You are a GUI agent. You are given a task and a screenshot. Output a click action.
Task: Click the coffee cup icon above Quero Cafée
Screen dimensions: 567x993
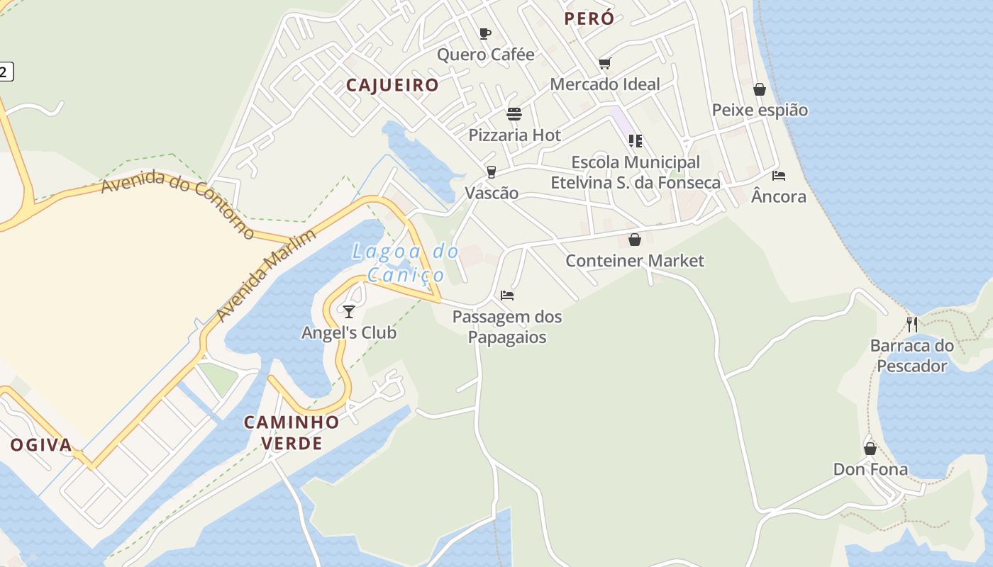point(485,33)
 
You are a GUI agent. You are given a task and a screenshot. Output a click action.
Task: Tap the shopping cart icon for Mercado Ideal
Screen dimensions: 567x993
point(605,64)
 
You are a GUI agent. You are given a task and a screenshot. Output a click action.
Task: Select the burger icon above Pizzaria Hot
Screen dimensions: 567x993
point(514,114)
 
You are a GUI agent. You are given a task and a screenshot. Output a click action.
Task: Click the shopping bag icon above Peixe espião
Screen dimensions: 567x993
point(760,89)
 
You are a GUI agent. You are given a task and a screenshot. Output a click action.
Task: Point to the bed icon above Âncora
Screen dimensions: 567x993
point(779,176)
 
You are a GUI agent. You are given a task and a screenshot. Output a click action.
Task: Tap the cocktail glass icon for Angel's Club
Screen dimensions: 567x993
point(348,311)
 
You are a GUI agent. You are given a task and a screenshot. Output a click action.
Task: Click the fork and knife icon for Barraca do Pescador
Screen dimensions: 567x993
point(912,325)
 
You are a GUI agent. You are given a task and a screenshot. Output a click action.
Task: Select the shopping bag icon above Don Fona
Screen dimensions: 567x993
point(870,449)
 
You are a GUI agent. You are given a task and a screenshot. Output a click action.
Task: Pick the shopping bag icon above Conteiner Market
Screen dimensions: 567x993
point(635,240)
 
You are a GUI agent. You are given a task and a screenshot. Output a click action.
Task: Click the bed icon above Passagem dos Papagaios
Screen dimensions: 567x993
point(507,296)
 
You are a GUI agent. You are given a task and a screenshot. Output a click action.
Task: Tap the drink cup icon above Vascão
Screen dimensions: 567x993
point(491,172)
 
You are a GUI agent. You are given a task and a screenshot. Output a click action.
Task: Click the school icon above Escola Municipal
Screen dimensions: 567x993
point(636,140)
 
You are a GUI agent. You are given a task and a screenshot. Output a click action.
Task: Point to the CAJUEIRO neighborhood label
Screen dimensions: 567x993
point(392,86)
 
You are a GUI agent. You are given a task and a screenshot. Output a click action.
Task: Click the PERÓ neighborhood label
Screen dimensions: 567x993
point(589,19)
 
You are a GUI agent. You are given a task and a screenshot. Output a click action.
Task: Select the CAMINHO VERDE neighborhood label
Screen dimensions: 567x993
point(292,433)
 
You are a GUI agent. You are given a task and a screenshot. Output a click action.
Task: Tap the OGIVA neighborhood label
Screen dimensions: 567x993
point(41,445)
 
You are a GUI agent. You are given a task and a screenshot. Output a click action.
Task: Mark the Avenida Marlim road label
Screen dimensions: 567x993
point(265,274)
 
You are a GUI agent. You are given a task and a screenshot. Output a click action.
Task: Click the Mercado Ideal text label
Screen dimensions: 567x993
point(605,84)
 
